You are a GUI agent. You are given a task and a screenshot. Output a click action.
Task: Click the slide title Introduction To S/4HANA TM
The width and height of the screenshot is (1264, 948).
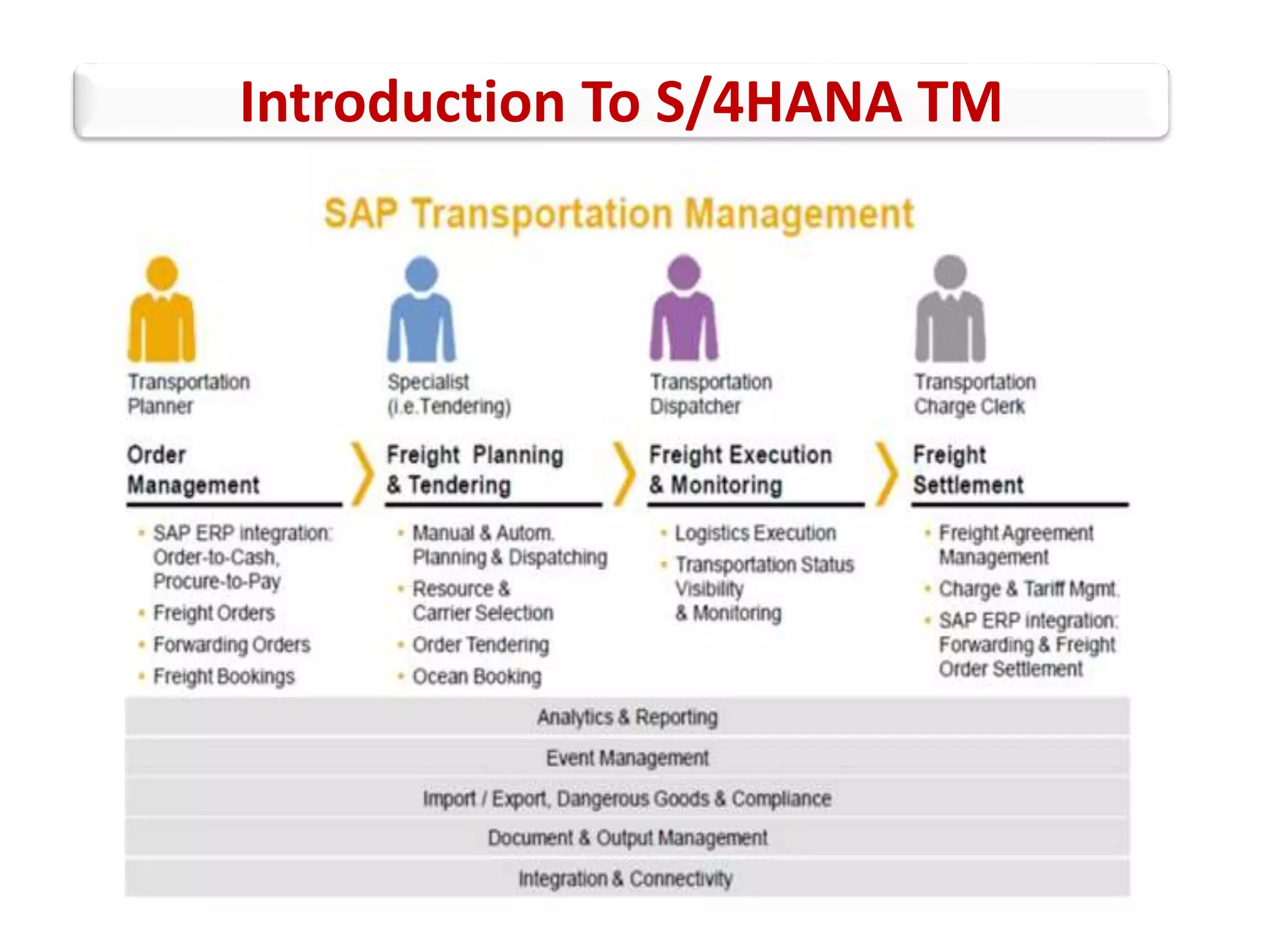point(620,102)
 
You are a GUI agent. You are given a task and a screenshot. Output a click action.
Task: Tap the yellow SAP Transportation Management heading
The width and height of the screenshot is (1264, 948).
point(618,214)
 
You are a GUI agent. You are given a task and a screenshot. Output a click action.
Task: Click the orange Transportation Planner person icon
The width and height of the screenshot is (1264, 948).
point(162,312)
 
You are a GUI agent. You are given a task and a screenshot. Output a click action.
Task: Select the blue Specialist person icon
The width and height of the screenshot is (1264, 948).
point(422,312)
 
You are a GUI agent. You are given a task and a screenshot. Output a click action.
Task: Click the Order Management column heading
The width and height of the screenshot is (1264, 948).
point(193,470)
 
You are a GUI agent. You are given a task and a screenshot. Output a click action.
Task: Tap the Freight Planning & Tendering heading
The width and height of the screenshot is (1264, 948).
point(475,470)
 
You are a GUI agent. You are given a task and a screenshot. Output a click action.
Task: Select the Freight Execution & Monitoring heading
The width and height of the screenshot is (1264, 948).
point(740,470)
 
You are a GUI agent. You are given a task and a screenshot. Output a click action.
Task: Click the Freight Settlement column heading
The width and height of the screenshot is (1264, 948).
point(968,470)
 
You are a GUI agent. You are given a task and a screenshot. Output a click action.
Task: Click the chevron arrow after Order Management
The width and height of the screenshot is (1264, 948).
point(362,473)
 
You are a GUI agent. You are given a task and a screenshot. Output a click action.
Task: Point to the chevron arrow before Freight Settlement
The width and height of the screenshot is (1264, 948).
point(886,473)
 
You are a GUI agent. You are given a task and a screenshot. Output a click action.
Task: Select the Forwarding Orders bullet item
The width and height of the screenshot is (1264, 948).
point(231,644)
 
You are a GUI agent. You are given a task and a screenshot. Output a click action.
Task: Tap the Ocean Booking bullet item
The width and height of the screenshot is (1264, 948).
point(476,676)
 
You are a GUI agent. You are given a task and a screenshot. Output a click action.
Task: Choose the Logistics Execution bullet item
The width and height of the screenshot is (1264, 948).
point(755,533)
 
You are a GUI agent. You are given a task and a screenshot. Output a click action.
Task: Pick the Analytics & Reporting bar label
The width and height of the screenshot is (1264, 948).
point(627,717)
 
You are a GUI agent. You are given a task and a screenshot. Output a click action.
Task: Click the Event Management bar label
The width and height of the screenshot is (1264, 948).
point(627,757)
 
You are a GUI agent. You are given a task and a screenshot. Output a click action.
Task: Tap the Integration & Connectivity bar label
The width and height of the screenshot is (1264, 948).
point(625,878)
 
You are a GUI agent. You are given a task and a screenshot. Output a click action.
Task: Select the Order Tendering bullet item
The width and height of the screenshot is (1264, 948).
point(480,644)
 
